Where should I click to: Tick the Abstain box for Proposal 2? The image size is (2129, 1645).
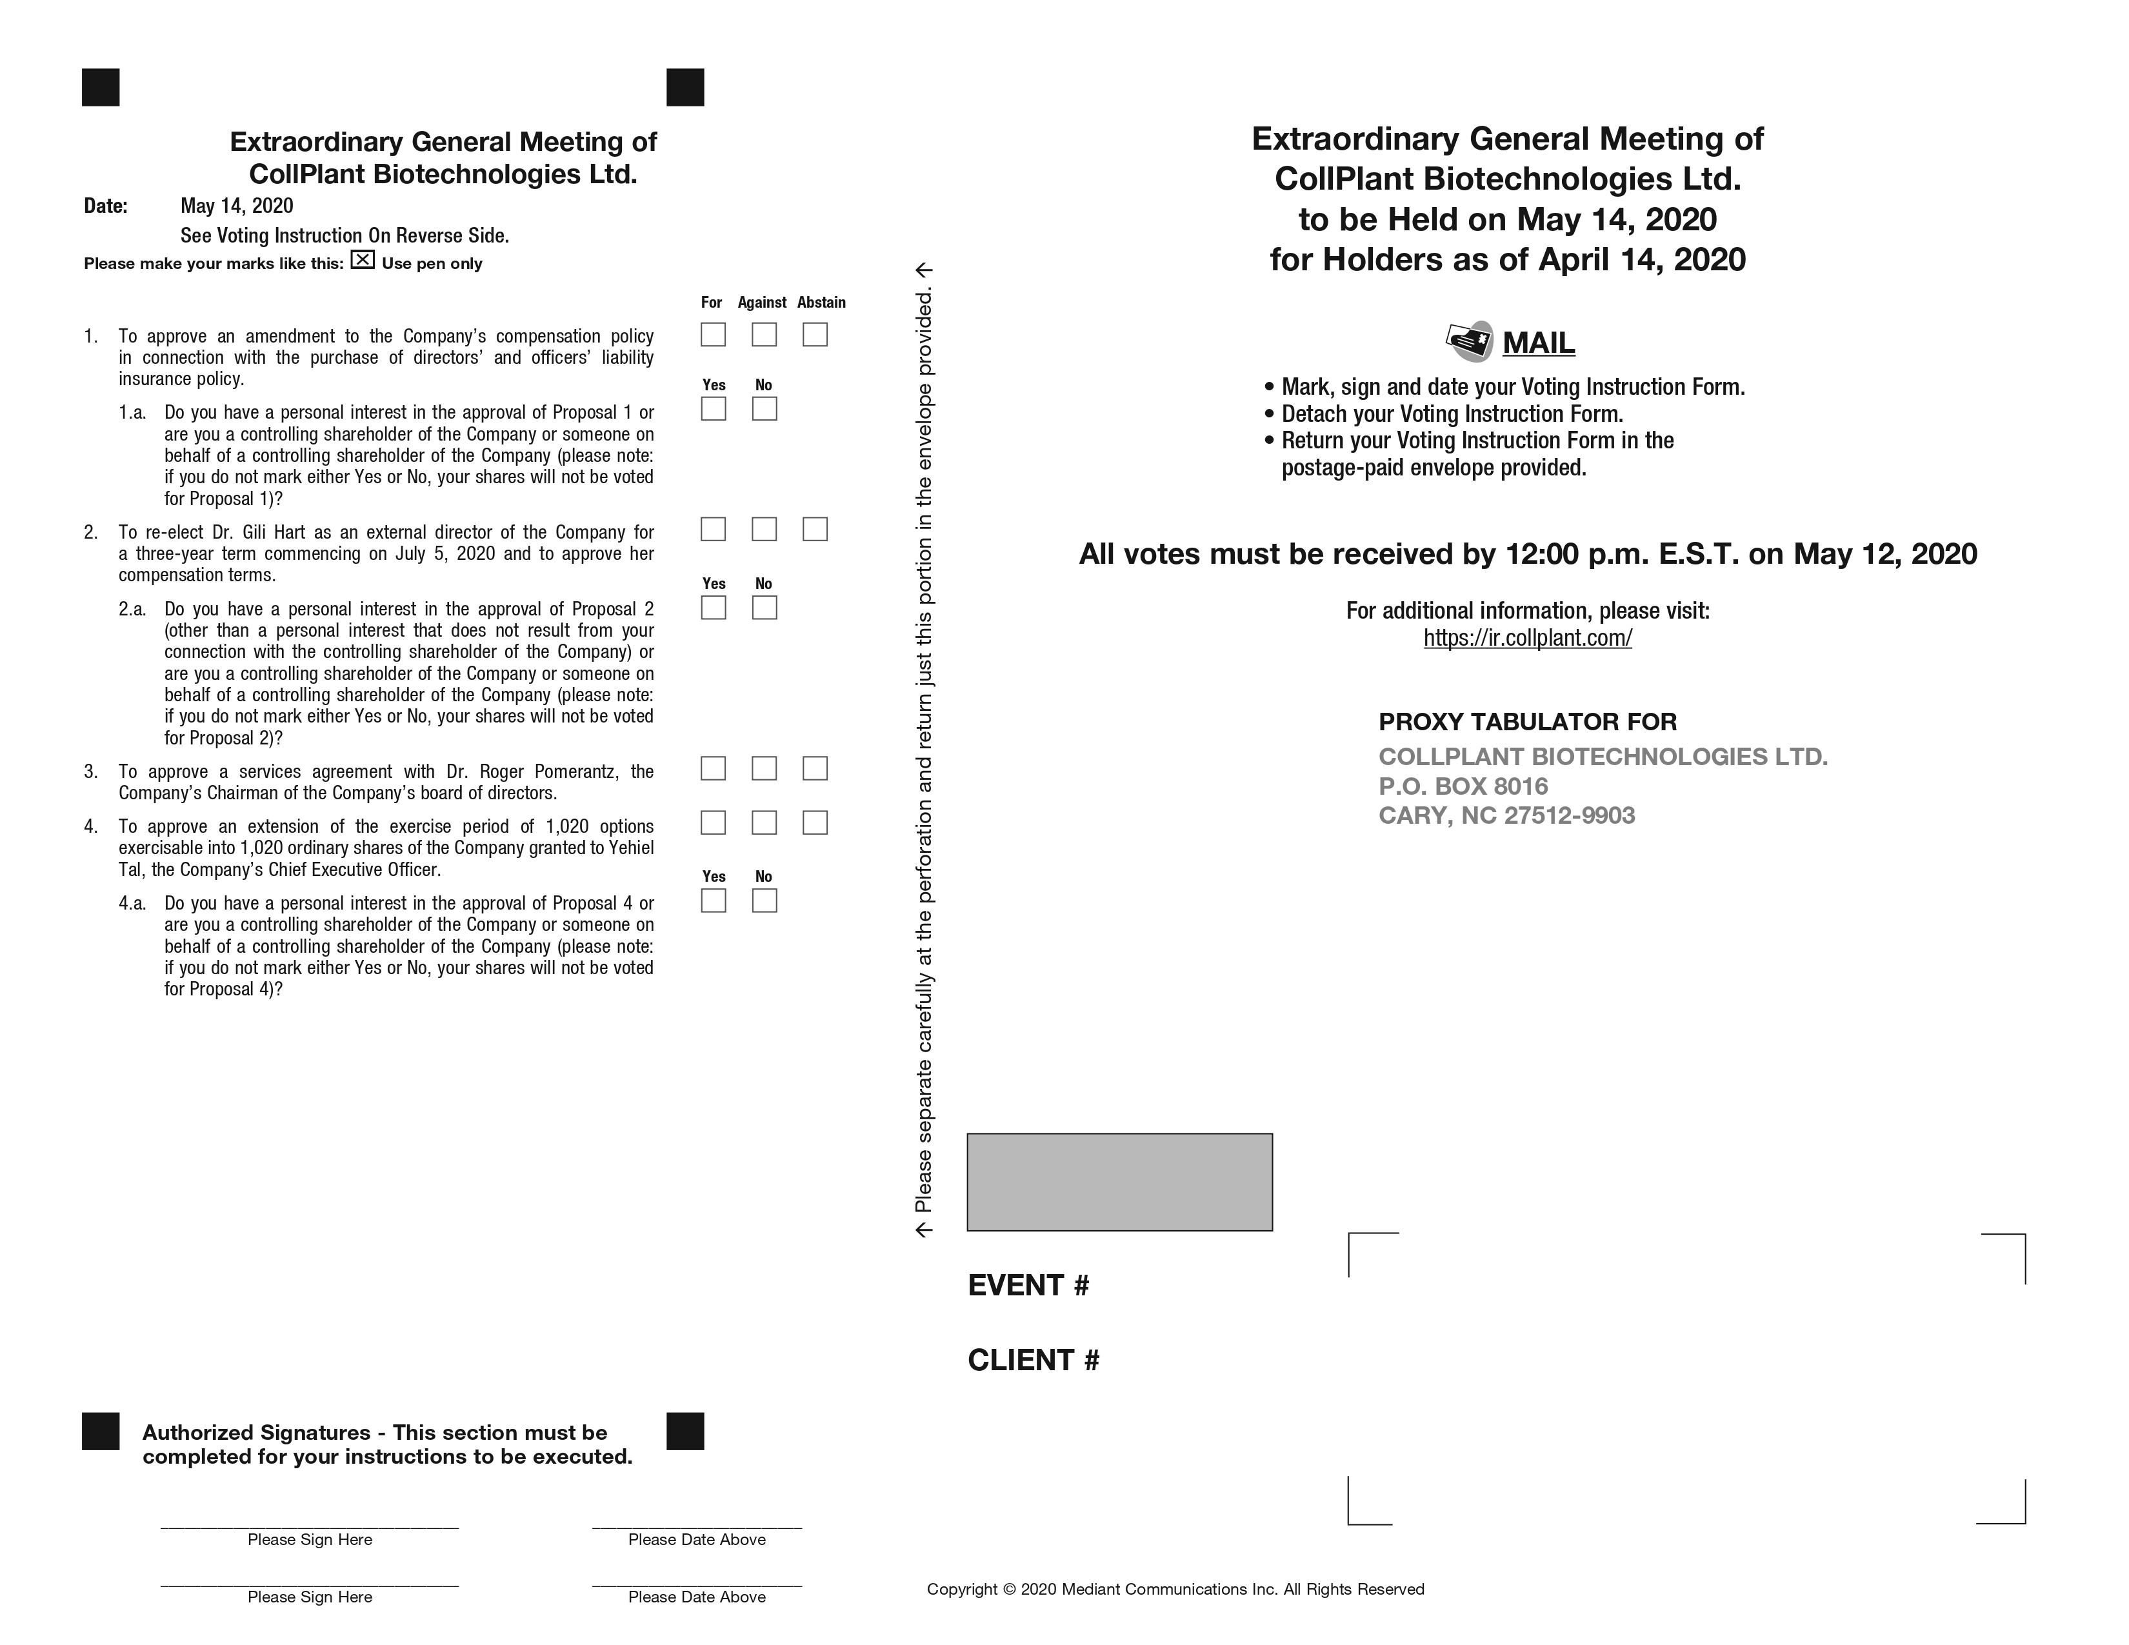(x=815, y=529)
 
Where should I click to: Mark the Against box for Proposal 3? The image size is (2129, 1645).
(x=765, y=769)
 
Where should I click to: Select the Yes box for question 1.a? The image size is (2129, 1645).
(x=713, y=409)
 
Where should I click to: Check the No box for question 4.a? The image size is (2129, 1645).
(x=765, y=901)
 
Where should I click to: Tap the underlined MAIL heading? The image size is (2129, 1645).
(x=1538, y=343)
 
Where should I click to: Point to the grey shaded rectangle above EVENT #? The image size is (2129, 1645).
(x=1119, y=1182)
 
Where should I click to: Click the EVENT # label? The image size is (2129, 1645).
(x=1028, y=1286)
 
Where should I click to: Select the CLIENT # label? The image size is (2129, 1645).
(x=1034, y=1359)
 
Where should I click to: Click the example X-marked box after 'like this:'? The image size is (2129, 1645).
(x=363, y=260)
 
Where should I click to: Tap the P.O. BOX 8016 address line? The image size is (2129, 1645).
(x=1462, y=786)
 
